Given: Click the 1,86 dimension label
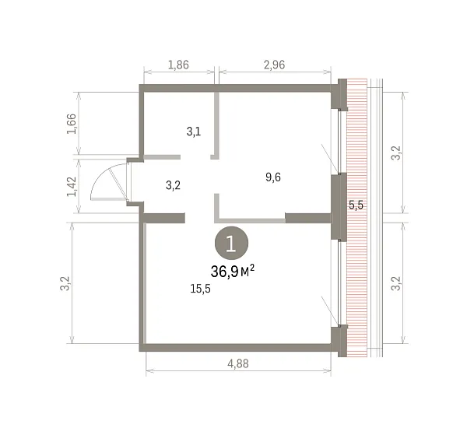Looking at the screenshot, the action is point(178,65).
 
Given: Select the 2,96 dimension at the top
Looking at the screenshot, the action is point(274,65).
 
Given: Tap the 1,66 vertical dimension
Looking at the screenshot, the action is point(72,124).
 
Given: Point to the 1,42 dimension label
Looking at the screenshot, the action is point(72,187).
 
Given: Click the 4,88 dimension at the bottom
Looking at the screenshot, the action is point(238,363).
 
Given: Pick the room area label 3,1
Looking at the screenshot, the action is point(194,132).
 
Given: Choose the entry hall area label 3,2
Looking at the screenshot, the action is point(173,185).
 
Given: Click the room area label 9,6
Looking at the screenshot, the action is point(273,177).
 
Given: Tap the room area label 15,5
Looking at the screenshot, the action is point(201,289).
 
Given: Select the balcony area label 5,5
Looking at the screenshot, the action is point(356,205).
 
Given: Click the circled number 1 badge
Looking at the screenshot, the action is point(231,243).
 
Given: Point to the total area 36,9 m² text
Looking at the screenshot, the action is point(233,272).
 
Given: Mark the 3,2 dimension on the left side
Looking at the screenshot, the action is point(65,283).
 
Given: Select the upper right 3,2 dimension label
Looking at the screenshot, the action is point(396,153).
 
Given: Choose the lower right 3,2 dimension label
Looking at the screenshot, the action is point(396,283).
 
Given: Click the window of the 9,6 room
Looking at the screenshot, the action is point(339,141).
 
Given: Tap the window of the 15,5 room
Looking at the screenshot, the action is point(339,282).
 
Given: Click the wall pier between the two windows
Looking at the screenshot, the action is point(339,207).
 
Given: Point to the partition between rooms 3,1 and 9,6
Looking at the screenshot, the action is point(216,125).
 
